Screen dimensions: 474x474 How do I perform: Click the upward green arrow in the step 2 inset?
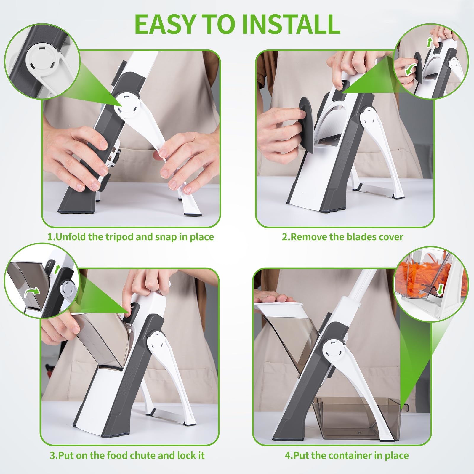click(x=429, y=42)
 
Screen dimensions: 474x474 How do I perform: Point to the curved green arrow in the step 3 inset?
click(x=32, y=292)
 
